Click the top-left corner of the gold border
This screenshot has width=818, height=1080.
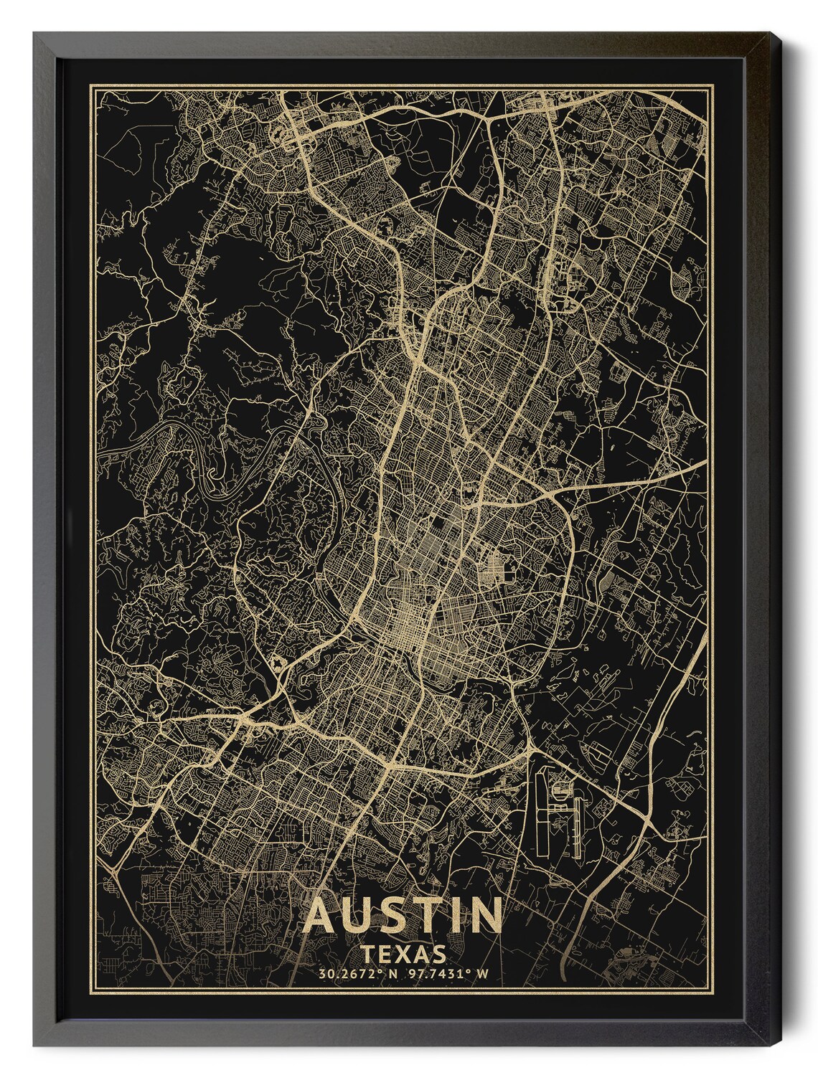click(x=89, y=85)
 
